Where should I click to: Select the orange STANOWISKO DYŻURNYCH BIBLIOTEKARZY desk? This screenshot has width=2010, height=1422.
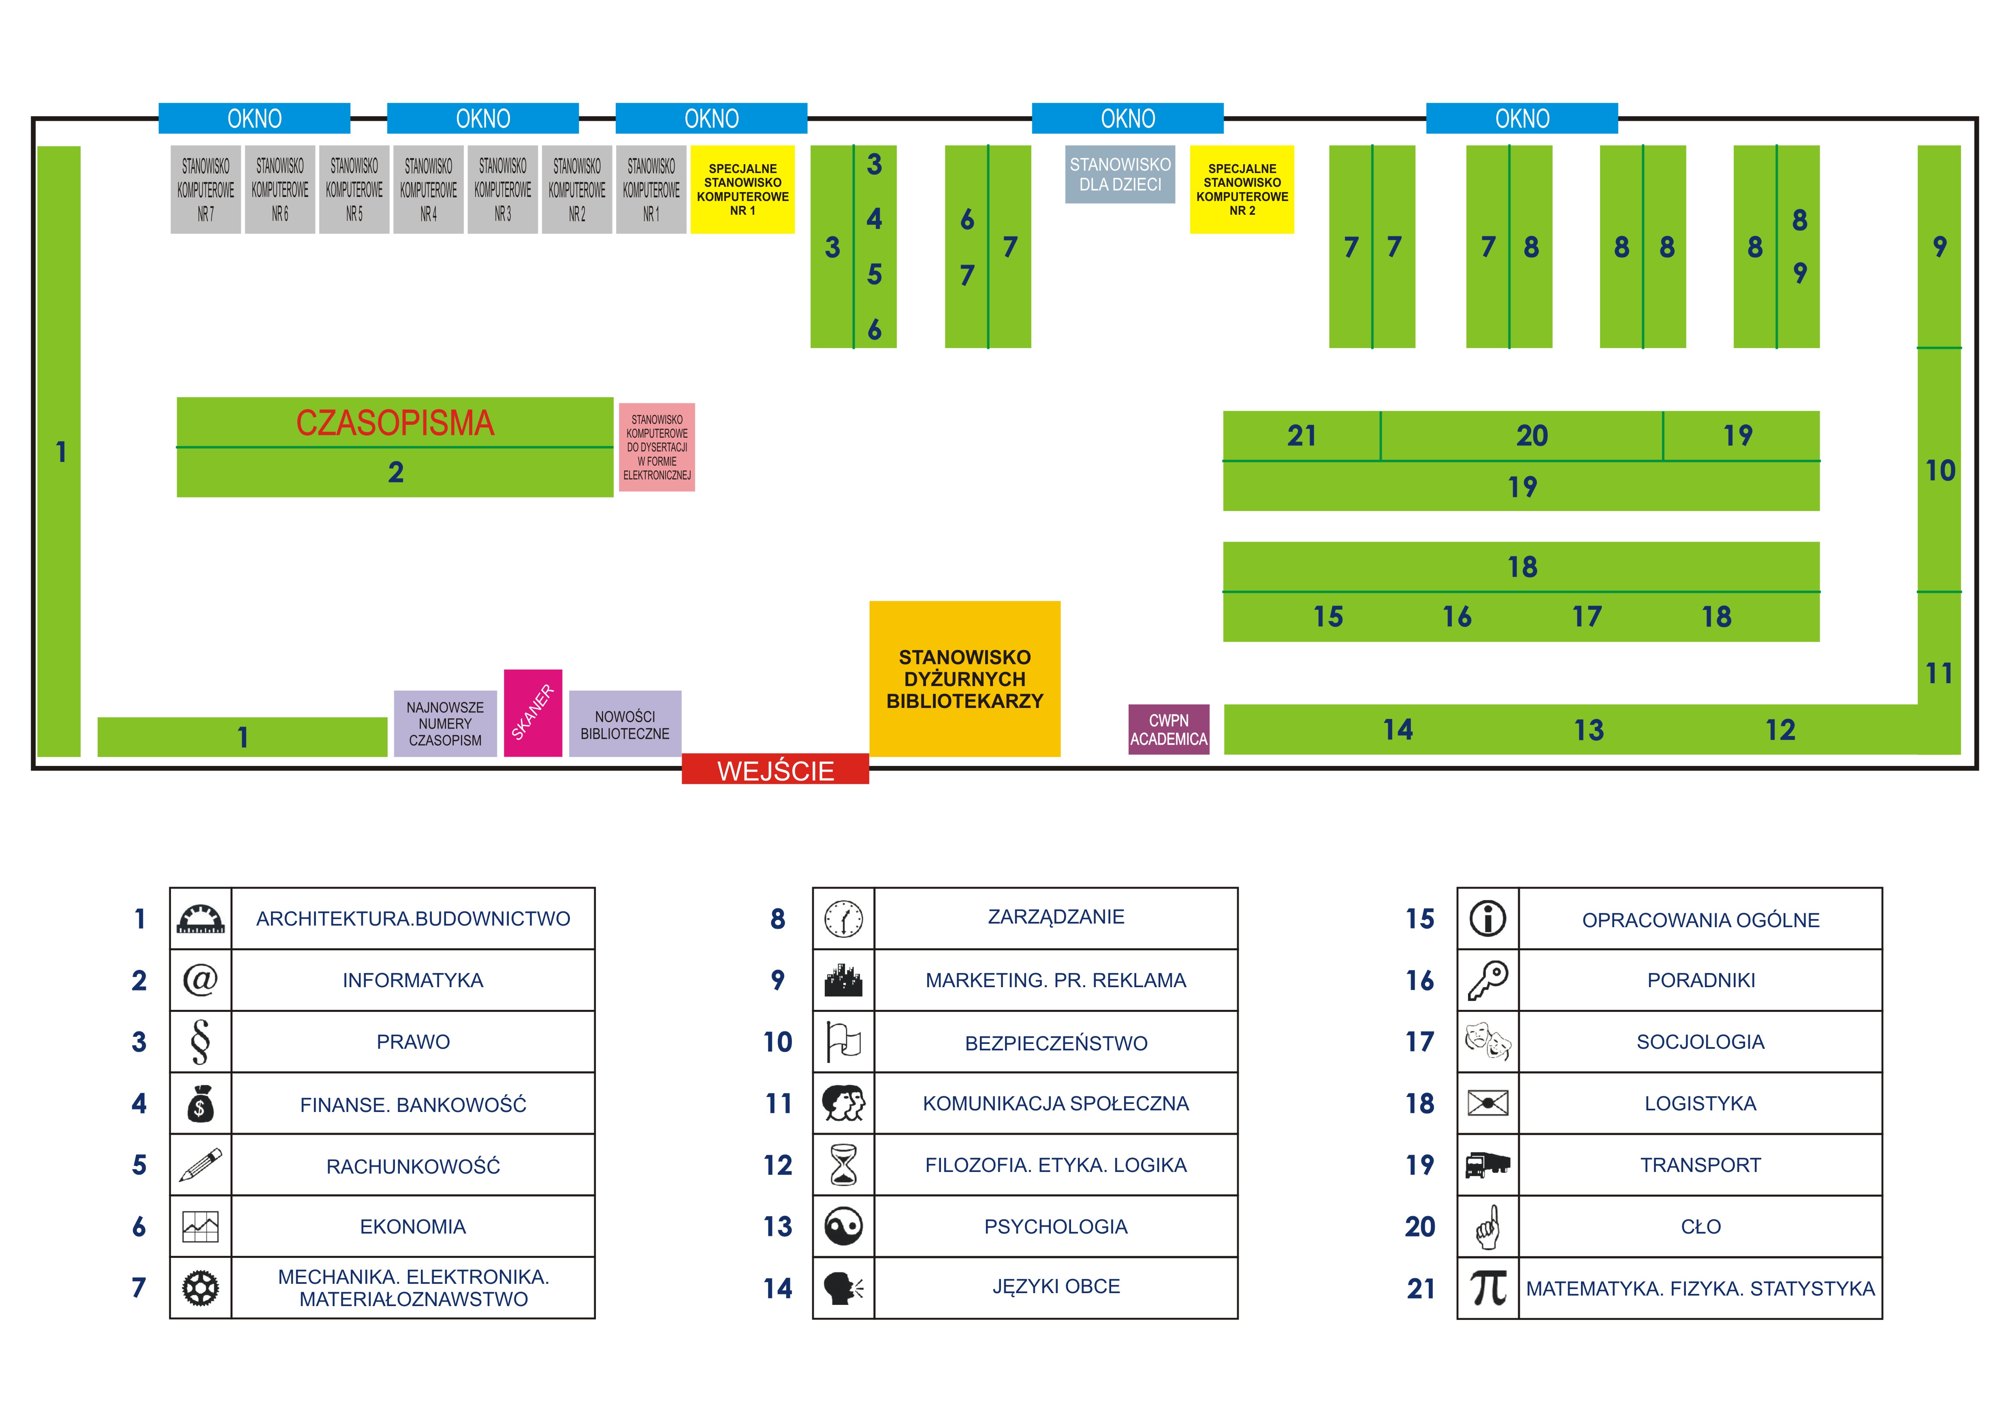coord(965,679)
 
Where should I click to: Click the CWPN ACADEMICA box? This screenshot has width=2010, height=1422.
coord(1169,729)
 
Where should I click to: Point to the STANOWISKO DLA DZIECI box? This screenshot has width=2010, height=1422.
coord(1120,174)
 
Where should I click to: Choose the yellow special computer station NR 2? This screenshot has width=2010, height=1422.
coord(1242,189)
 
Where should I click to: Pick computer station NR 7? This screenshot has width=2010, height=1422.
coord(206,189)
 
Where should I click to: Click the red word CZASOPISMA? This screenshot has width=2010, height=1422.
coord(395,423)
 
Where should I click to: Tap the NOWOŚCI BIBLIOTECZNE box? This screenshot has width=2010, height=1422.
coord(625,724)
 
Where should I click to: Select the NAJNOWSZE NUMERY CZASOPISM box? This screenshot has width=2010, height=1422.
coord(445,724)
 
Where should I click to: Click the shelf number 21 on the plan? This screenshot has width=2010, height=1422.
coord(1302,435)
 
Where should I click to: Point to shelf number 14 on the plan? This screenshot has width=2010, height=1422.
coord(1398,729)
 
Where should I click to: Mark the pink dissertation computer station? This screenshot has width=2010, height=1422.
coord(657,447)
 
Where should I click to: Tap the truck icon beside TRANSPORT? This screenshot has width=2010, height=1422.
coord(1487,1165)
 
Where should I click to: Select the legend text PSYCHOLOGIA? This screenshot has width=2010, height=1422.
coord(1056,1227)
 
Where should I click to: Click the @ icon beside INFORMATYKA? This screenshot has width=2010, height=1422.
coord(201,980)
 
